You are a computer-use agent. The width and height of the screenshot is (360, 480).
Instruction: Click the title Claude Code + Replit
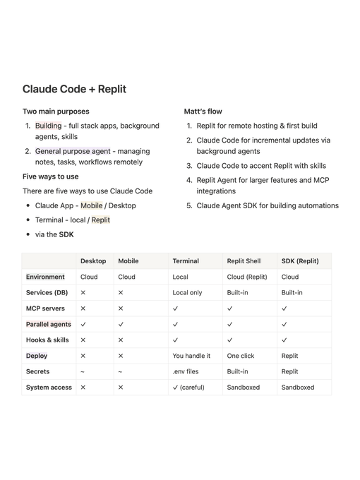tap(74, 89)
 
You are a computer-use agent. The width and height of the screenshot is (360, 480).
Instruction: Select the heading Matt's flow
tap(203, 112)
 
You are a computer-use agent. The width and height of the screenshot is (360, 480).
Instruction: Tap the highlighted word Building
tap(49, 126)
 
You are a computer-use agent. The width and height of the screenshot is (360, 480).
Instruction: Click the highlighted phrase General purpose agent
tap(73, 151)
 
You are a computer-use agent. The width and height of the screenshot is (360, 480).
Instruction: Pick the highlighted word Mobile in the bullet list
tap(91, 205)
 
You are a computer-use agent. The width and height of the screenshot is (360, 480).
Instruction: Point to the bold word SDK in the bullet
tap(66, 234)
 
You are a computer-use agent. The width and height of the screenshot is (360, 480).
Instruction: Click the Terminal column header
tap(186, 261)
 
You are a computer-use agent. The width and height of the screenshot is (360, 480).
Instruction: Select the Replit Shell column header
tap(244, 261)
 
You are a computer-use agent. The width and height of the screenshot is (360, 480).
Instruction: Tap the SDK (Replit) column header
tap(300, 261)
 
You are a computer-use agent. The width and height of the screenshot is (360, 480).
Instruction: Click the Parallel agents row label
tap(49, 324)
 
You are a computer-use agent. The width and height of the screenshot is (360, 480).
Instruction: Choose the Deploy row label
tap(37, 356)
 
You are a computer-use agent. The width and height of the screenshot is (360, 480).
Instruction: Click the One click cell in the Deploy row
tap(241, 356)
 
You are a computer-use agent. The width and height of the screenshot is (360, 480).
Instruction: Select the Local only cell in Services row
tap(187, 292)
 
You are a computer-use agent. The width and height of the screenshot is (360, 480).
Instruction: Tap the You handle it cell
tap(191, 356)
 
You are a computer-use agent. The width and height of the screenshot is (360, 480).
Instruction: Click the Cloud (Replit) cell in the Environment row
tap(247, 277)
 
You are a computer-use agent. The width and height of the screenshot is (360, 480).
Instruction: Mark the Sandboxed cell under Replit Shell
tap(244, 388)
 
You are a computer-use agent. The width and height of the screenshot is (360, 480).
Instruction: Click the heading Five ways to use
tap(51, 176)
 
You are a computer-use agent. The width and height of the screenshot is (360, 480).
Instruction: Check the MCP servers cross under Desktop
tap(83, 308)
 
